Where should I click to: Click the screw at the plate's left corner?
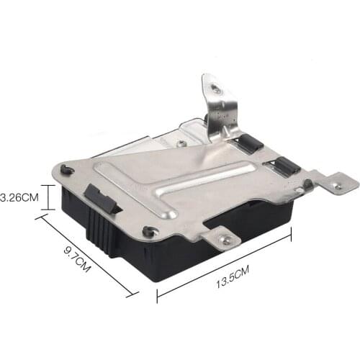coord(66,170)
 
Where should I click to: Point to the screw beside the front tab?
coord(149,231)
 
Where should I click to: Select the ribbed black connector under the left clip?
coord(100,230)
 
